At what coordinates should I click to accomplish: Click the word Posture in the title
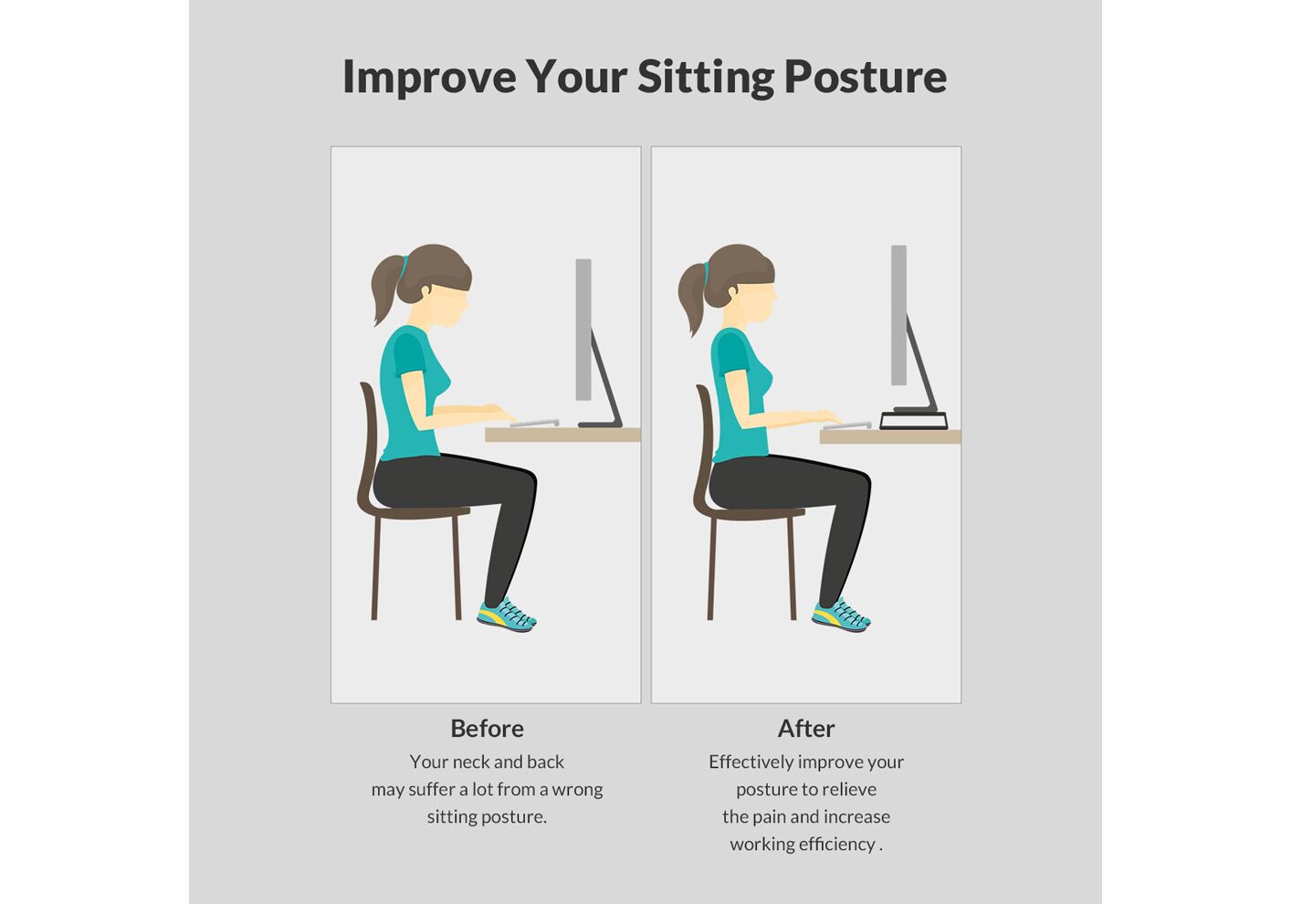pos(866,78)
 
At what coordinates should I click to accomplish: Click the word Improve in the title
pos(429,78)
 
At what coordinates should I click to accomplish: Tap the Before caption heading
pos(487,729)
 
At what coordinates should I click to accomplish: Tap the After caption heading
pos(805,729)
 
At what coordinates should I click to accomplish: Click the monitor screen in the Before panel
pos(583,330)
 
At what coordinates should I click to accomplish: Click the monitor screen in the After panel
pos(898,315)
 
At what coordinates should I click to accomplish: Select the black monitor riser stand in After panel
pos(914,420)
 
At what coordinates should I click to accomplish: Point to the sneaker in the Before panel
pos(507,615)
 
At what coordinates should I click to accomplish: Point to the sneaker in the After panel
pos(841,615)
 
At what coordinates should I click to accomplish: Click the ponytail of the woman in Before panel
pos(385,291)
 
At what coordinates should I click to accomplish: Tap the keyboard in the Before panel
pos(535,424)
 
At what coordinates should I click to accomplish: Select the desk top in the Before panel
pos(562,435)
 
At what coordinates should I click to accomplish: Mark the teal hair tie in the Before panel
pos(404,268)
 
